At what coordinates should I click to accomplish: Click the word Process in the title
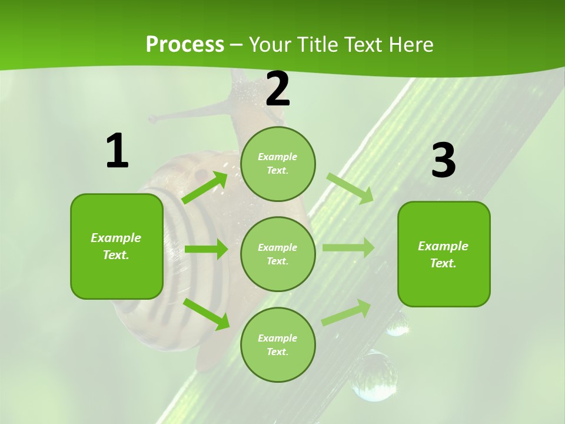tap(185, 45)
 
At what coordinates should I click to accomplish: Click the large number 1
tap(117, 151)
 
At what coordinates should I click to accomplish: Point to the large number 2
tap(278, 89)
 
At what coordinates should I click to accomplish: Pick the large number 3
tap(443, 161)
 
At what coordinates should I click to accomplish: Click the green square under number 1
tap(117, 246)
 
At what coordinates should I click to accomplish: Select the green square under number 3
tap(444, 254)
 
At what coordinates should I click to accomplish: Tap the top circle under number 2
tap(278, 164)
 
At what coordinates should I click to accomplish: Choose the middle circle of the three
tap(278, 254)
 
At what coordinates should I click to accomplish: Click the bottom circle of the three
tap(278, 344)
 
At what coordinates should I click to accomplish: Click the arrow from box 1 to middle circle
tap(206, 249)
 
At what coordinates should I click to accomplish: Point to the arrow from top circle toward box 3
tap(350, 187)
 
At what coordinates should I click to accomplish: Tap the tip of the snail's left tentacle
tap(152, 119)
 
